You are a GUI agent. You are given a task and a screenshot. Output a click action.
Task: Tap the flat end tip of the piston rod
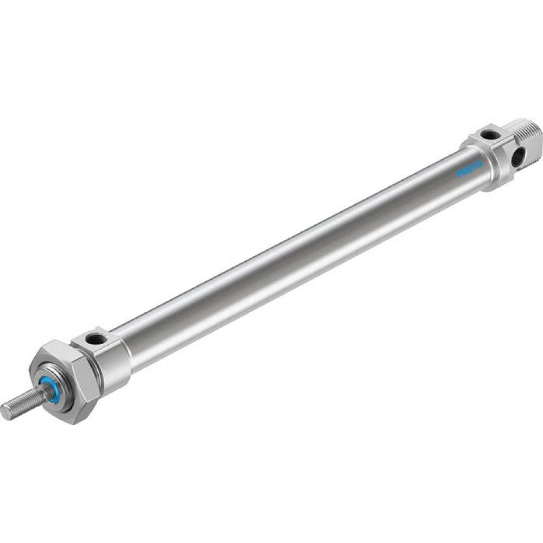(5, 412)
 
